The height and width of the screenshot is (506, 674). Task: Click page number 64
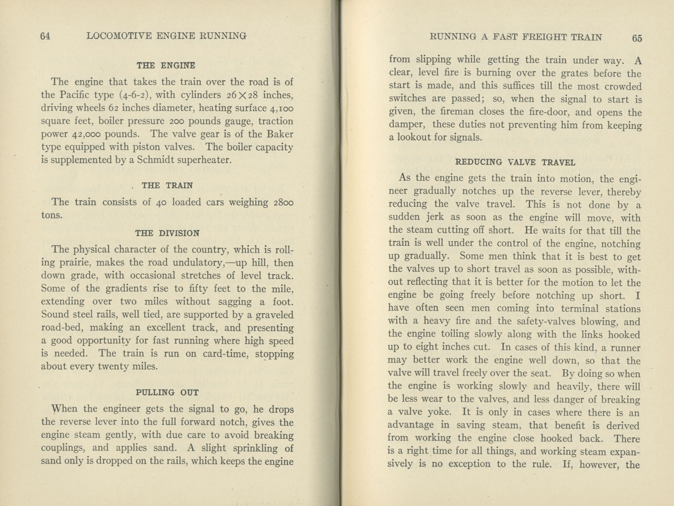45,36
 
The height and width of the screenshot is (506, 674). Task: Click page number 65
637,38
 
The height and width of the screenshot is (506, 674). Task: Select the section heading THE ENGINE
166,66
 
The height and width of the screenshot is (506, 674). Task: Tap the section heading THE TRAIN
167,186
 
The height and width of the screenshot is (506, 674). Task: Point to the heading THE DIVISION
167,233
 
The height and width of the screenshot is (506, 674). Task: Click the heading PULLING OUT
167,392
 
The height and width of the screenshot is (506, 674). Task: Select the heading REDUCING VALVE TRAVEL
515,162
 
